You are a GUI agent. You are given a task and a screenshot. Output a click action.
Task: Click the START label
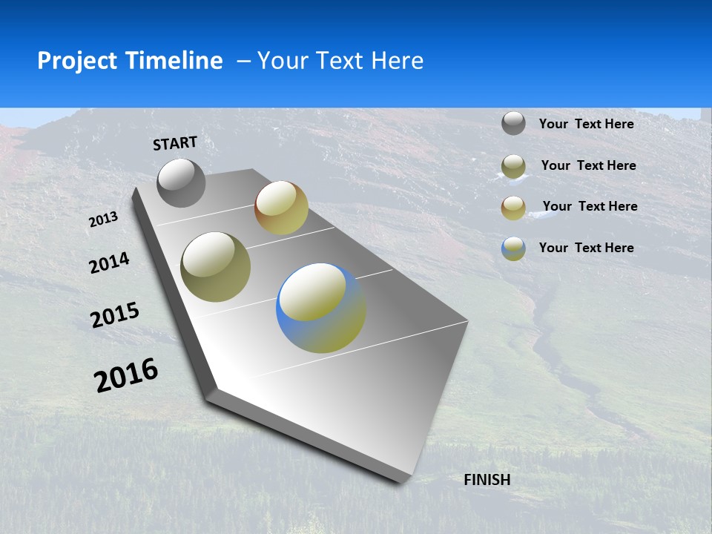tap(175, 143)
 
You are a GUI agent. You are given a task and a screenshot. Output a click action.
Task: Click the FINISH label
tap(487, 480)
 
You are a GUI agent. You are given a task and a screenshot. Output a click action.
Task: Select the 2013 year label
tap(103, 219)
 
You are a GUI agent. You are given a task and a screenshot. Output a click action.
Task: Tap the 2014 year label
tap(109, 263)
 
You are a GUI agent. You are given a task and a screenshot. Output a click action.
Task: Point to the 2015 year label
tap(115, 315)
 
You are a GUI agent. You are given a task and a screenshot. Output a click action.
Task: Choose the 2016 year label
tap(126, 375)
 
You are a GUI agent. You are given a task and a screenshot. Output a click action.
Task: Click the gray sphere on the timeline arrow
tap(182, 182)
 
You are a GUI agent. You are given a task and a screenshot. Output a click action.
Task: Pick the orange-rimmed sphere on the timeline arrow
tap(281, 208)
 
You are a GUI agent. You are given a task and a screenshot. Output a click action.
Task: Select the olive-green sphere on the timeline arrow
tap(216, 267)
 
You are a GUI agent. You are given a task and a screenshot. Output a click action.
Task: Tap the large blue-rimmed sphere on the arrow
tap(321, 308)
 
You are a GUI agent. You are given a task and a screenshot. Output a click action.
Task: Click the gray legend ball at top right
tap(513, 123)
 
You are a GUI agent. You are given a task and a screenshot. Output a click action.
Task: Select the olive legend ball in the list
tap(513, 166)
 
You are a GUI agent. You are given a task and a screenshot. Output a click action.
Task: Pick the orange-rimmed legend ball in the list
tap(513, 208)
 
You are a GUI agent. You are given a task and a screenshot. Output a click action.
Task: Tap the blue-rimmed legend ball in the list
tap(513, 248)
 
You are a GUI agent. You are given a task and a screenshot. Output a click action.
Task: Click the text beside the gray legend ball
tap(586, 124)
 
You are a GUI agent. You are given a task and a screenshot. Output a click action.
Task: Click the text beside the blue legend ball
tap(586, 248)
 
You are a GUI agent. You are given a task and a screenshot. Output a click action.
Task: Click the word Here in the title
tap(398, 61)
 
